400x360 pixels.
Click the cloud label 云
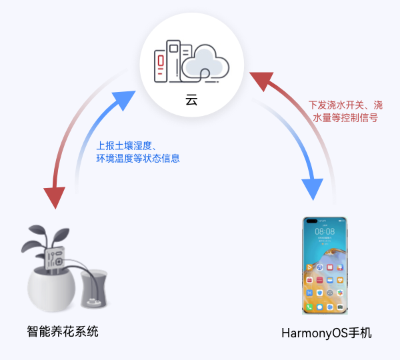click(x=191, y=101)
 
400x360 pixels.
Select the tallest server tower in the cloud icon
click(x=173, y=61)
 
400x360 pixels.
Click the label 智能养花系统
click(x=63, y=331)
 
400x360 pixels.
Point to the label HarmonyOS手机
click(x=327, y=333)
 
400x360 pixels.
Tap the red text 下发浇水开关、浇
click(x=345, y=105)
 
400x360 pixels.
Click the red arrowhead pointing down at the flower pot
click(x=54, y=197)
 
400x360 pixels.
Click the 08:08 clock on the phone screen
click(x=325, y=231)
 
